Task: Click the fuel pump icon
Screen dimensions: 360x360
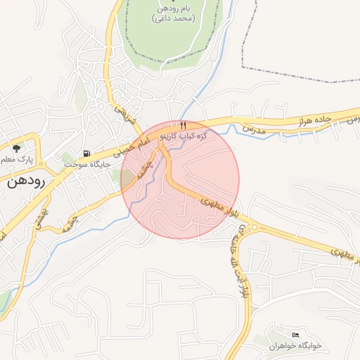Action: [86, 154]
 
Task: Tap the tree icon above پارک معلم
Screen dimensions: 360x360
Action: [16, 148]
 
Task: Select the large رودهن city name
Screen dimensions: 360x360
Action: [26, 181]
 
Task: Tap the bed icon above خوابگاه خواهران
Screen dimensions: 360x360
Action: [295, 334]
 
